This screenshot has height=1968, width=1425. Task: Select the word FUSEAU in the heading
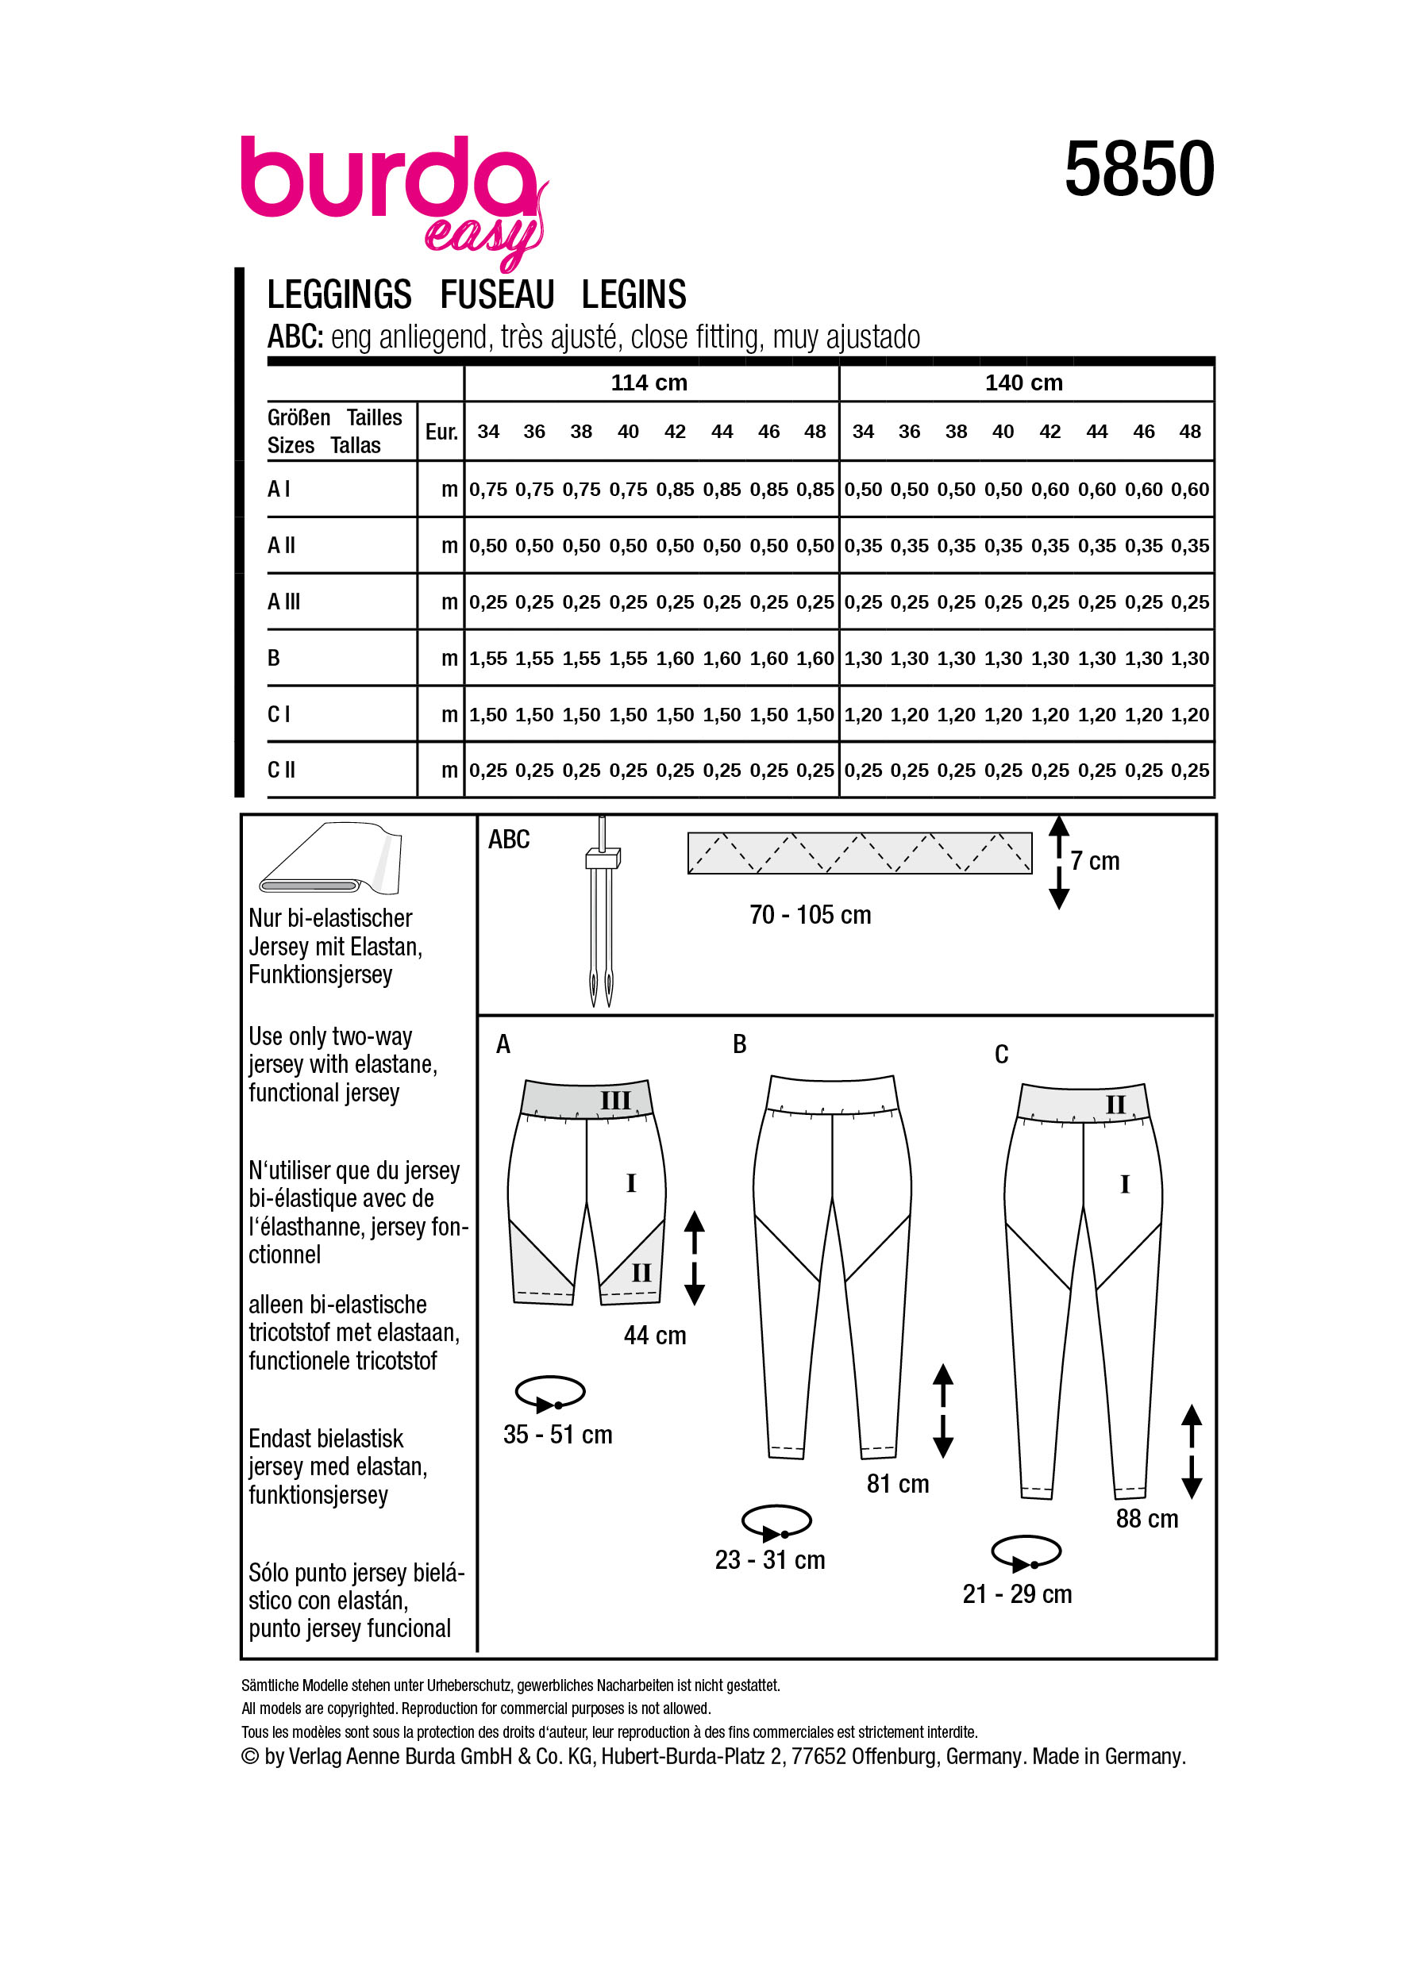496,295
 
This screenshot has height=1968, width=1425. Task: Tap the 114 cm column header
649,382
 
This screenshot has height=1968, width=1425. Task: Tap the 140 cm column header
1023,382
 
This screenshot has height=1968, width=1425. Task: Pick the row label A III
283,602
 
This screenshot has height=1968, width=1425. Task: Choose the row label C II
281,770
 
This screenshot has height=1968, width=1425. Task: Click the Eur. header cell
441,431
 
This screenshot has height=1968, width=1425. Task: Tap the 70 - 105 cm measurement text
810,915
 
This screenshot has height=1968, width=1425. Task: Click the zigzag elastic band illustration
859,853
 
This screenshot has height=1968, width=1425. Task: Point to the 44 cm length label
654,1336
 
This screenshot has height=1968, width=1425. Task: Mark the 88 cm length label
1146,1519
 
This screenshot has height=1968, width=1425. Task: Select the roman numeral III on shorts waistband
615,1101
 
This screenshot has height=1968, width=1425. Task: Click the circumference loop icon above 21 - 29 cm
1026,1552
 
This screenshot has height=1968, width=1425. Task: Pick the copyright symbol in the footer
250,1756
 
